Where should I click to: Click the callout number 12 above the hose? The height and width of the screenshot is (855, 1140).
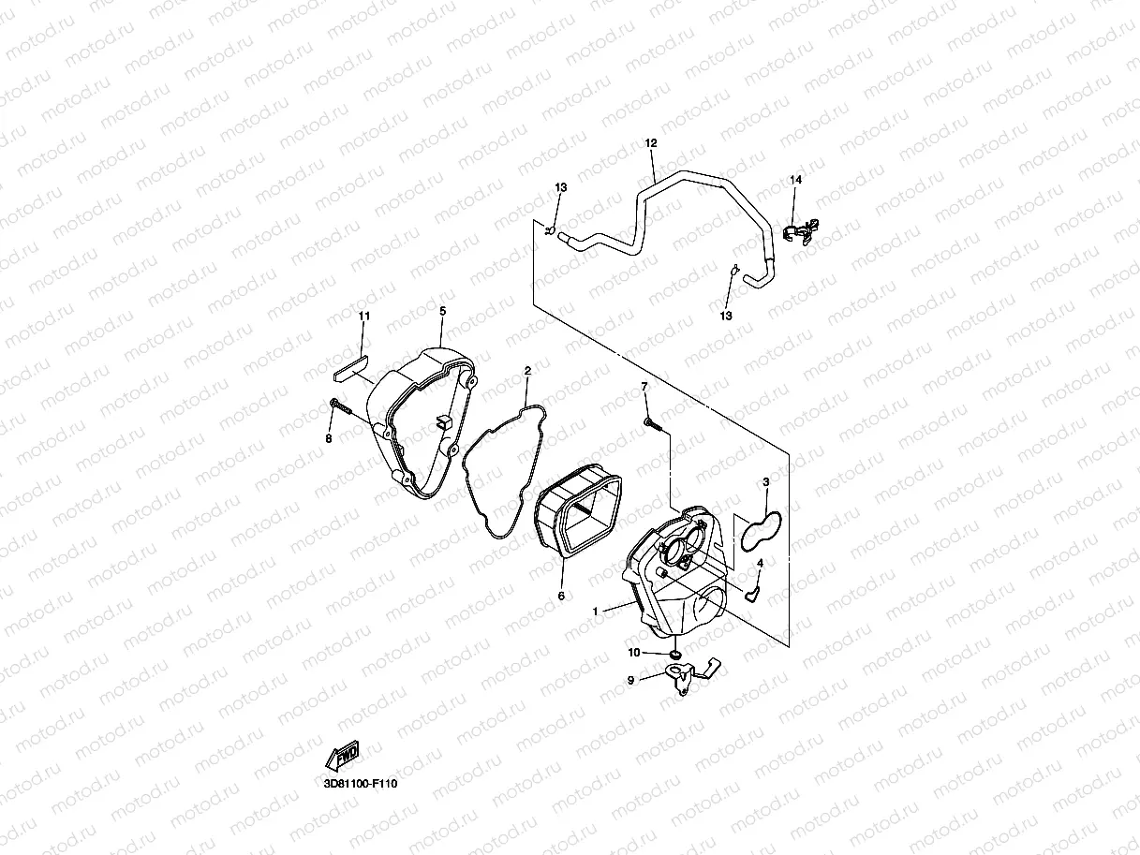point(651,143)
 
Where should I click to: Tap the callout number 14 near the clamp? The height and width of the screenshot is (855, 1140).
point(795,179)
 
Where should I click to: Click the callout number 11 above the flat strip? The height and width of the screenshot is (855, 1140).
point(364,317)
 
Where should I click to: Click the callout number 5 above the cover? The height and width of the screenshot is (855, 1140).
point(442,310)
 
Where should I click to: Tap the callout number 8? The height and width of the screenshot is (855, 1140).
point(329,438)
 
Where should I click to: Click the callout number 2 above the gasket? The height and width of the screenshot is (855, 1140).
point(527,371)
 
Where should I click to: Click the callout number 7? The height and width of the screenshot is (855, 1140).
point(644,387)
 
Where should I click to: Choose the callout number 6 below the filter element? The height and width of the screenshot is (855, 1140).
point(561,596)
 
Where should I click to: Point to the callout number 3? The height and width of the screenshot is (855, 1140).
point(765,482)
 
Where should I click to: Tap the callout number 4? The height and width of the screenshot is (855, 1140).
point(761,563)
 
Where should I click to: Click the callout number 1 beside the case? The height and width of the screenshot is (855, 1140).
point(594,611)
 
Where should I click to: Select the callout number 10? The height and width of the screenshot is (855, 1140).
point(634,653)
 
